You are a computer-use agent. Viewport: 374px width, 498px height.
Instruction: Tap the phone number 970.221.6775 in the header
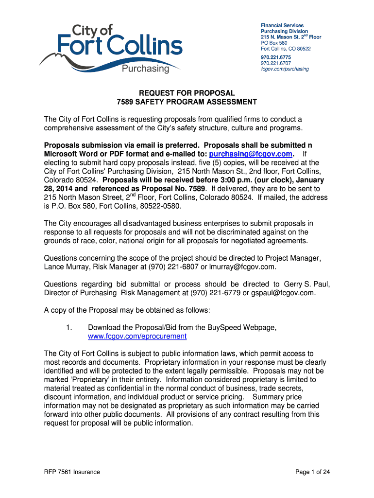point(276,57)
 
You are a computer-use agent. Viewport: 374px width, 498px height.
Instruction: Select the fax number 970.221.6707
point(276,63)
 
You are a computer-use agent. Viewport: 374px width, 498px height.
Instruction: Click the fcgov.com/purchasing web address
point(285,69)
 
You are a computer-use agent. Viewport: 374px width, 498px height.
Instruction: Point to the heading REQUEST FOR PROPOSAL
point(187,93)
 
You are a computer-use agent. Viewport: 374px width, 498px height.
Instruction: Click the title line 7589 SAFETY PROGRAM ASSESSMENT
point(187,102)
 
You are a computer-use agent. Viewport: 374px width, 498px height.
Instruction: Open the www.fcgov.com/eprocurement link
point(137,336)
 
